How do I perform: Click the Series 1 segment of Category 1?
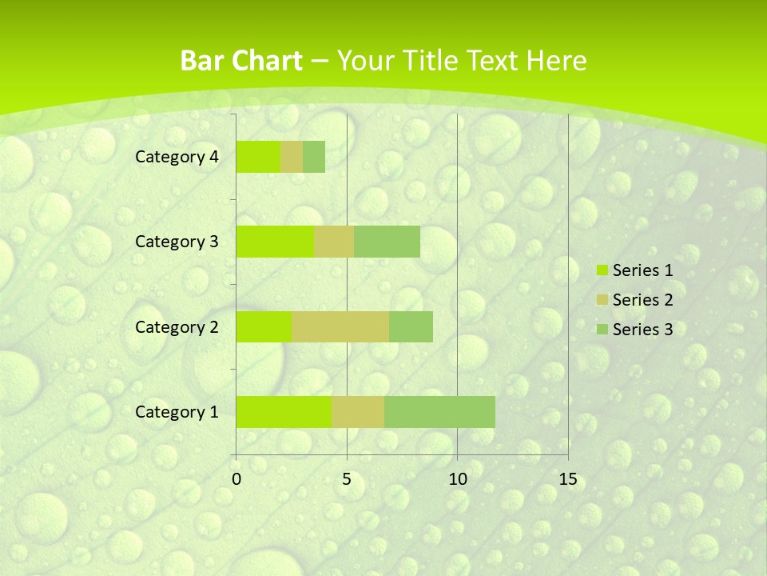point(284,412)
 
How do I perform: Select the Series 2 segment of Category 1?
point(358,412)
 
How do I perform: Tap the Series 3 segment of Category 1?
point(439,412)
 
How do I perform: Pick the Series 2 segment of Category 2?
point(340,326)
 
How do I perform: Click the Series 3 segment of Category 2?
point(411,326)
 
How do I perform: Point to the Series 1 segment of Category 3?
point(275,242)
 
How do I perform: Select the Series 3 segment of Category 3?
point(387,242)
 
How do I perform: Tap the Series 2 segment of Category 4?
point(292,157)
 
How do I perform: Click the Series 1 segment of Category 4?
point(258,157)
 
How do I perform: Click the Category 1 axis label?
point(177,412)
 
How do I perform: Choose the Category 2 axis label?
point(177,326)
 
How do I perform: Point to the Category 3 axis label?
point(177,242)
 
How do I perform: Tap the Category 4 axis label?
point(177,157)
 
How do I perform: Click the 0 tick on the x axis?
point(236,479)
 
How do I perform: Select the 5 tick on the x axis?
point(347,479)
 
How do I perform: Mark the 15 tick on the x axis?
point(567,479)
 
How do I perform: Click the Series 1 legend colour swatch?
point(602,270)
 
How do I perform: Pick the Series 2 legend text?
point(642,300)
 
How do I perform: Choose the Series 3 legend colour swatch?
point(602,330)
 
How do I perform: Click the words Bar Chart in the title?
point(241,61)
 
